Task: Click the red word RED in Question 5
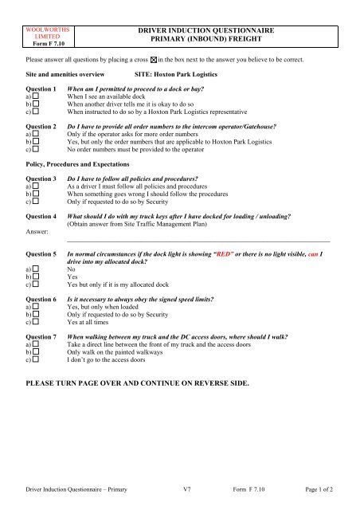(243, 251)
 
